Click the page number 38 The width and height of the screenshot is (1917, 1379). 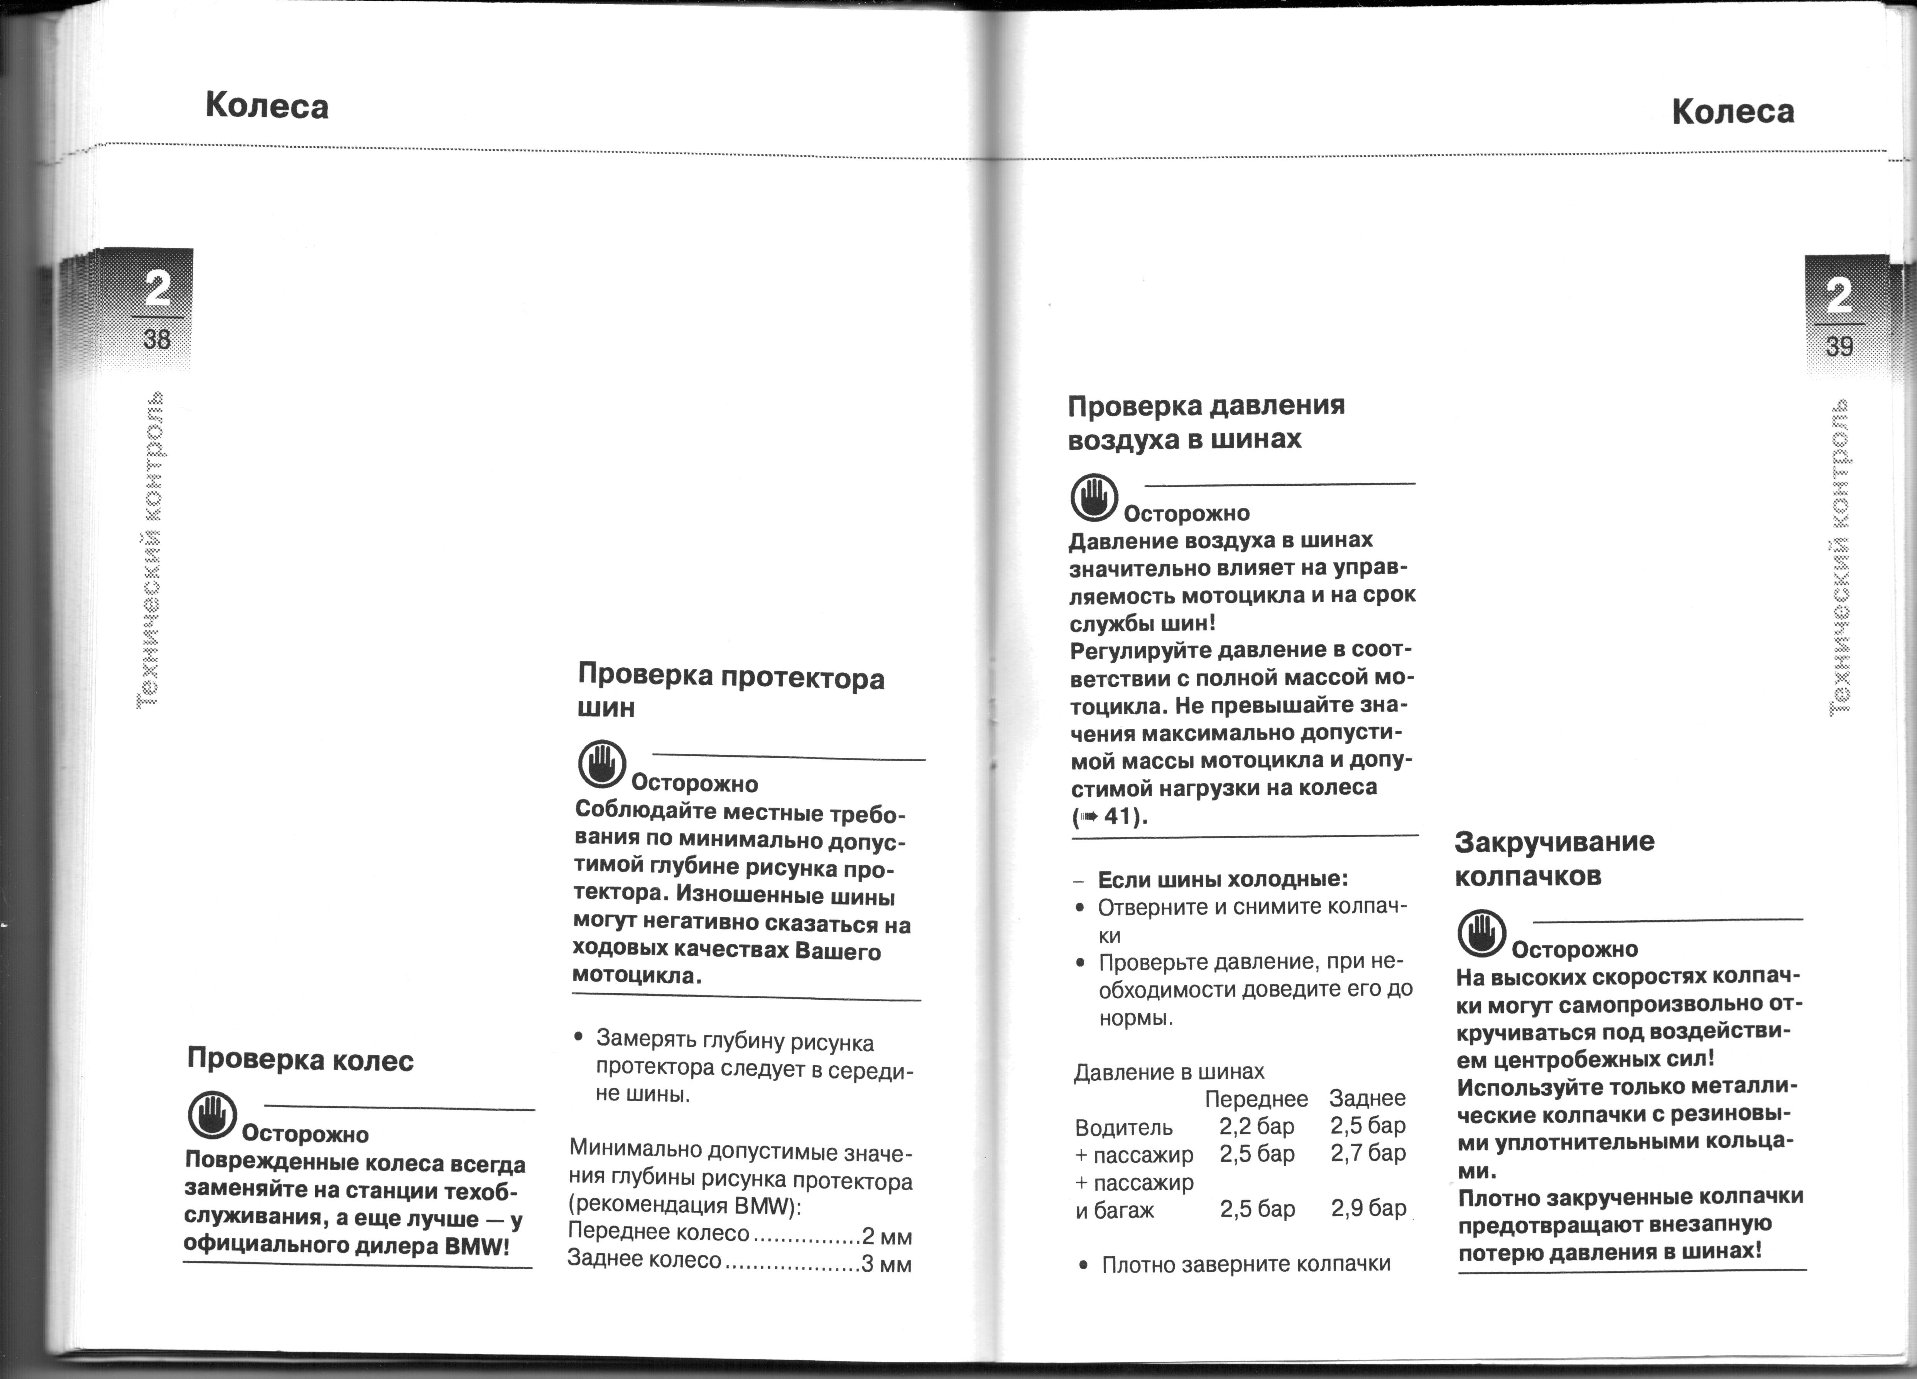[x=157, y=340]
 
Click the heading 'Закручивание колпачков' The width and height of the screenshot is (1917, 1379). [x=1554, y=858]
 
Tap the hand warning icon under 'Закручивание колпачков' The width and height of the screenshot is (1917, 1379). [x=1482, y=933]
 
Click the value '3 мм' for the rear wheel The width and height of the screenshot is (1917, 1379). [x=886, y=1264]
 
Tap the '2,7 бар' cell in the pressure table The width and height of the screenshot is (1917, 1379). [x=1368, y=1153]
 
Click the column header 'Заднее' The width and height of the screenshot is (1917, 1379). [x=1367, y=1098]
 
